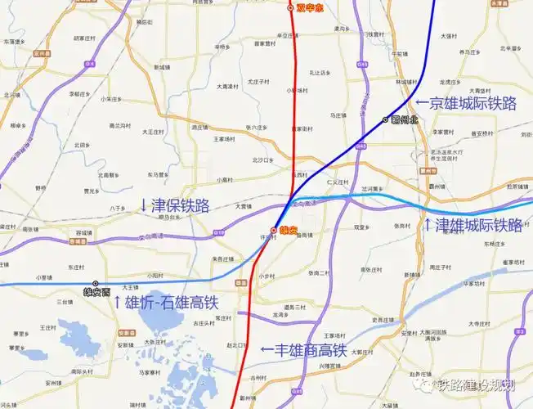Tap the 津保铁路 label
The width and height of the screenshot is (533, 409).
pos(180,204)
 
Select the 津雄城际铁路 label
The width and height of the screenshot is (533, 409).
pos(478,225)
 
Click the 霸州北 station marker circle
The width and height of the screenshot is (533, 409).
pos(386,120)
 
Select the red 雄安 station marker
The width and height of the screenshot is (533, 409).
pos(273,231)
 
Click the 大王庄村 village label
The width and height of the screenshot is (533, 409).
pos(155,131)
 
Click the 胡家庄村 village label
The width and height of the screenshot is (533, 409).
pos(83,38)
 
